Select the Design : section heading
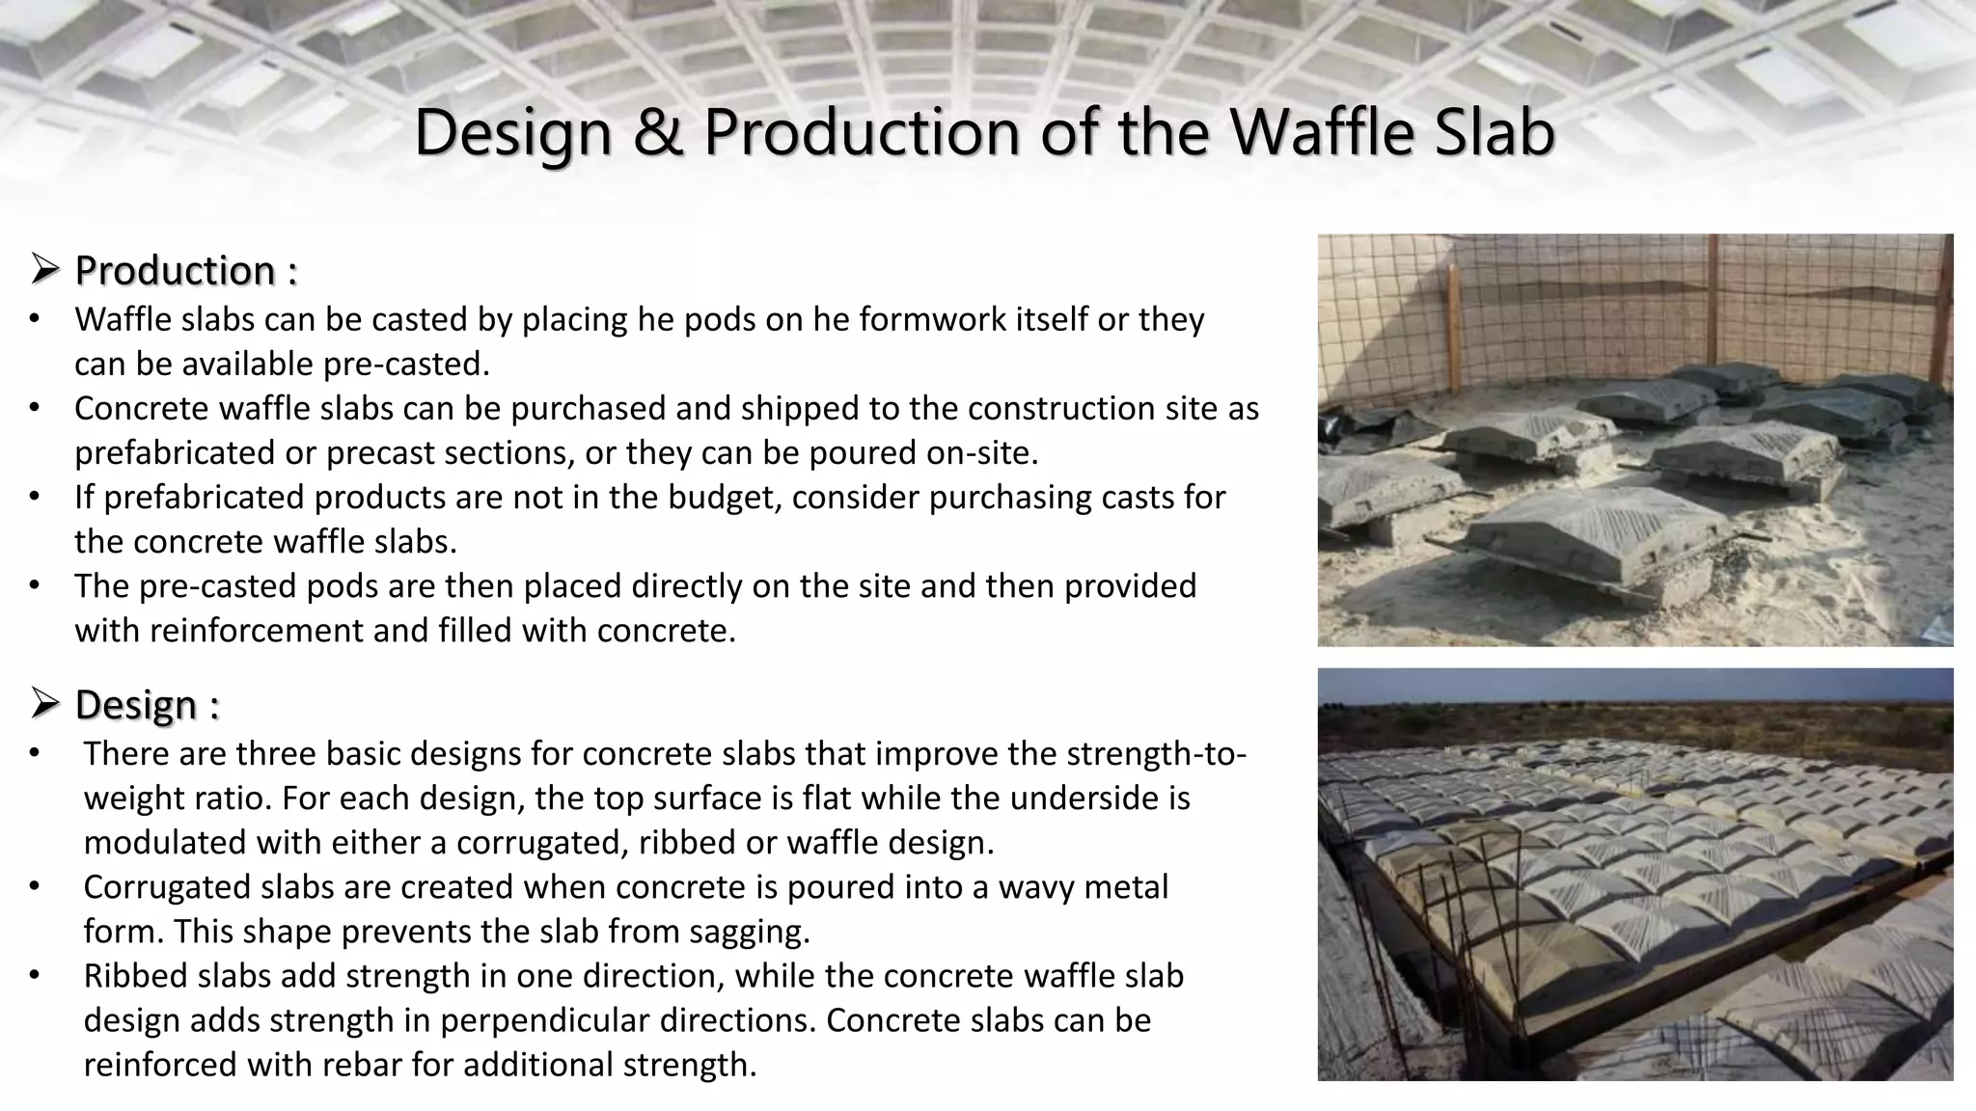[147, 705]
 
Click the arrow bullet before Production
[45, 270]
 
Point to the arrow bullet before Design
[45, 704]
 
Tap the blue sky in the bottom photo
[1634, 686]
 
